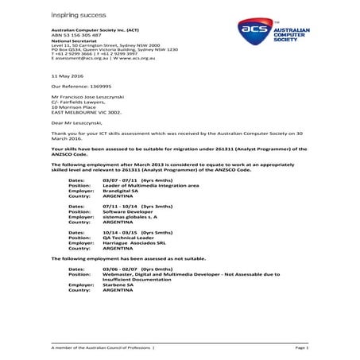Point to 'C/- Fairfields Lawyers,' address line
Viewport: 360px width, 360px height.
pyautogui.click(x=81, y=100)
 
